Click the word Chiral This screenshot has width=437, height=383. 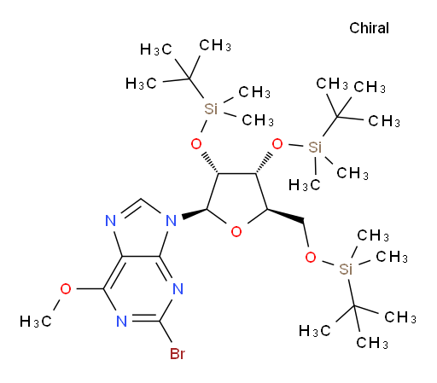369,28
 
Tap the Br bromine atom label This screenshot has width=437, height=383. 178,354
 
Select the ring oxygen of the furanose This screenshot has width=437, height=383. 236,232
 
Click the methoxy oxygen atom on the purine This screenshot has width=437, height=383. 66,289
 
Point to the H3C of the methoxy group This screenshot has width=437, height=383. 36,322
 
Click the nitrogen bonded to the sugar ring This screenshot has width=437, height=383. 172,221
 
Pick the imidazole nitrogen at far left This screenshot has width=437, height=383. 111,221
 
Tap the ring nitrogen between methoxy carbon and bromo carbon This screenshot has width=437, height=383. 122,322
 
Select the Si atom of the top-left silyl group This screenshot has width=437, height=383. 211,108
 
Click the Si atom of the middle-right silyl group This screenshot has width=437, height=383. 315,148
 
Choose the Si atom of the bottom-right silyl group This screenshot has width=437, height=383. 346,269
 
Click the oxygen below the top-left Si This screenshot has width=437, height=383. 196,144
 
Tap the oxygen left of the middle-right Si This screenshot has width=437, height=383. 277,144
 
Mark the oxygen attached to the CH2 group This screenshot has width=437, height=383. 311,258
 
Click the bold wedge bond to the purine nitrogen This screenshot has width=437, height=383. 195,213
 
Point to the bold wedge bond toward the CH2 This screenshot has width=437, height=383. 286,215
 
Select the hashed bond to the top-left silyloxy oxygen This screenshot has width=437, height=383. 210,164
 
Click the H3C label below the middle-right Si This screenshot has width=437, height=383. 305,185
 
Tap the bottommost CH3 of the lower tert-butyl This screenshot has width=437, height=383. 372,343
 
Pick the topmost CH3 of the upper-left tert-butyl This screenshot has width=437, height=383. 215,45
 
